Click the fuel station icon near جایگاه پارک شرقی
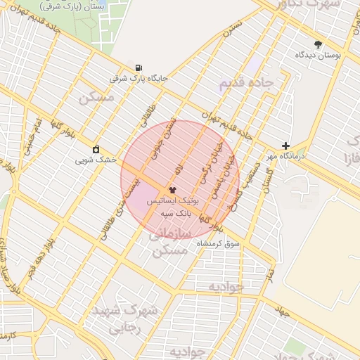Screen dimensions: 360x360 (138, 68)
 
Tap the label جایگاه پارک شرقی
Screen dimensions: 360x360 (139, 79)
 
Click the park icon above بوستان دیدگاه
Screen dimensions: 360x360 (318, 44)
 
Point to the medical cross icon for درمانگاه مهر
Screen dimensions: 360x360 (285, 146)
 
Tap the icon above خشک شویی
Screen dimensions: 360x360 (96, 150)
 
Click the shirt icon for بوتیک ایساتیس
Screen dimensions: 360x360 (172, 190)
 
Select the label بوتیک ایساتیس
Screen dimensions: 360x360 (173, 201)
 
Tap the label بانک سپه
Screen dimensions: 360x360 (174, 212)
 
